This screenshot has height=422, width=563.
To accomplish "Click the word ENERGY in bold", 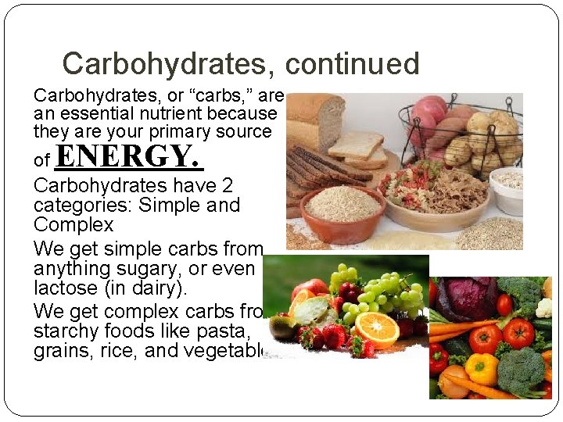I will (130, 157).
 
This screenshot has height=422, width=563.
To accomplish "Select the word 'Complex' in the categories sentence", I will (74, 225).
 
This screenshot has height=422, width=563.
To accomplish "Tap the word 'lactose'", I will (68, 288).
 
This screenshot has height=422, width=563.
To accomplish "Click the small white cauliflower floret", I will (543, 308).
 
